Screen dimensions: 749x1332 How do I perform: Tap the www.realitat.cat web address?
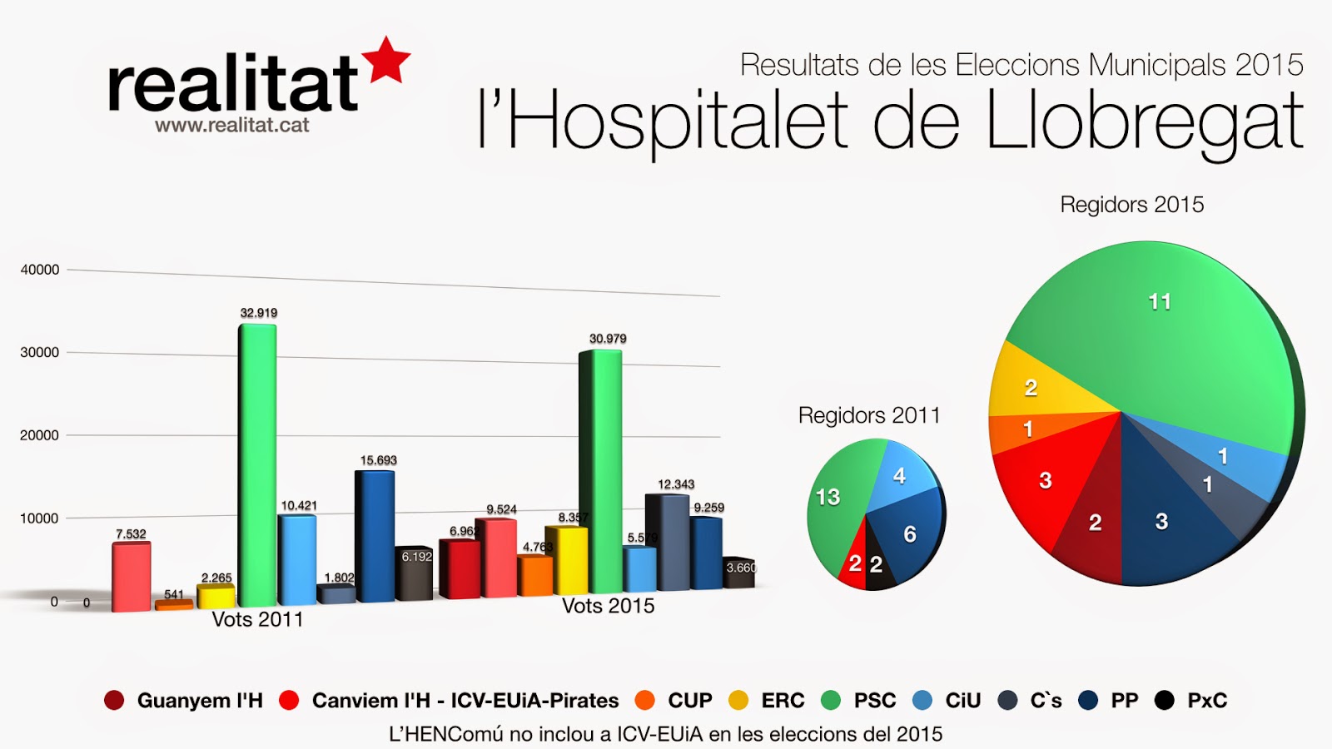(231, 126)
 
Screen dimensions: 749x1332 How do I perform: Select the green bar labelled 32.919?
(257, 466)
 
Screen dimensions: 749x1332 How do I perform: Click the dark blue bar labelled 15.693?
(375, 537)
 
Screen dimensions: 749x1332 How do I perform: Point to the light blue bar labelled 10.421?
(297, 559)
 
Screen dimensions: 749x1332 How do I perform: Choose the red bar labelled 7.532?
(132, 577)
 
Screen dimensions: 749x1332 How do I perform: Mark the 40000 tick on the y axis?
(40, 270)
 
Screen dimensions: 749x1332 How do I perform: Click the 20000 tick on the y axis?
(40, 435)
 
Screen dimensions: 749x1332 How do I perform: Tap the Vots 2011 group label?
(257, 620)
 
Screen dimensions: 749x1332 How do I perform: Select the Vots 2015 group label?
(608, 606)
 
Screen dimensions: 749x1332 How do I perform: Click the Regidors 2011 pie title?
(869, 415)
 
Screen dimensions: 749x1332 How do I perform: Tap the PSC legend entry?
(874, 701)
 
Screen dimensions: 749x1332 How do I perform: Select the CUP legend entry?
(689, 701)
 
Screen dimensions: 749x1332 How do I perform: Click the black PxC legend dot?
(1165, 701)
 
